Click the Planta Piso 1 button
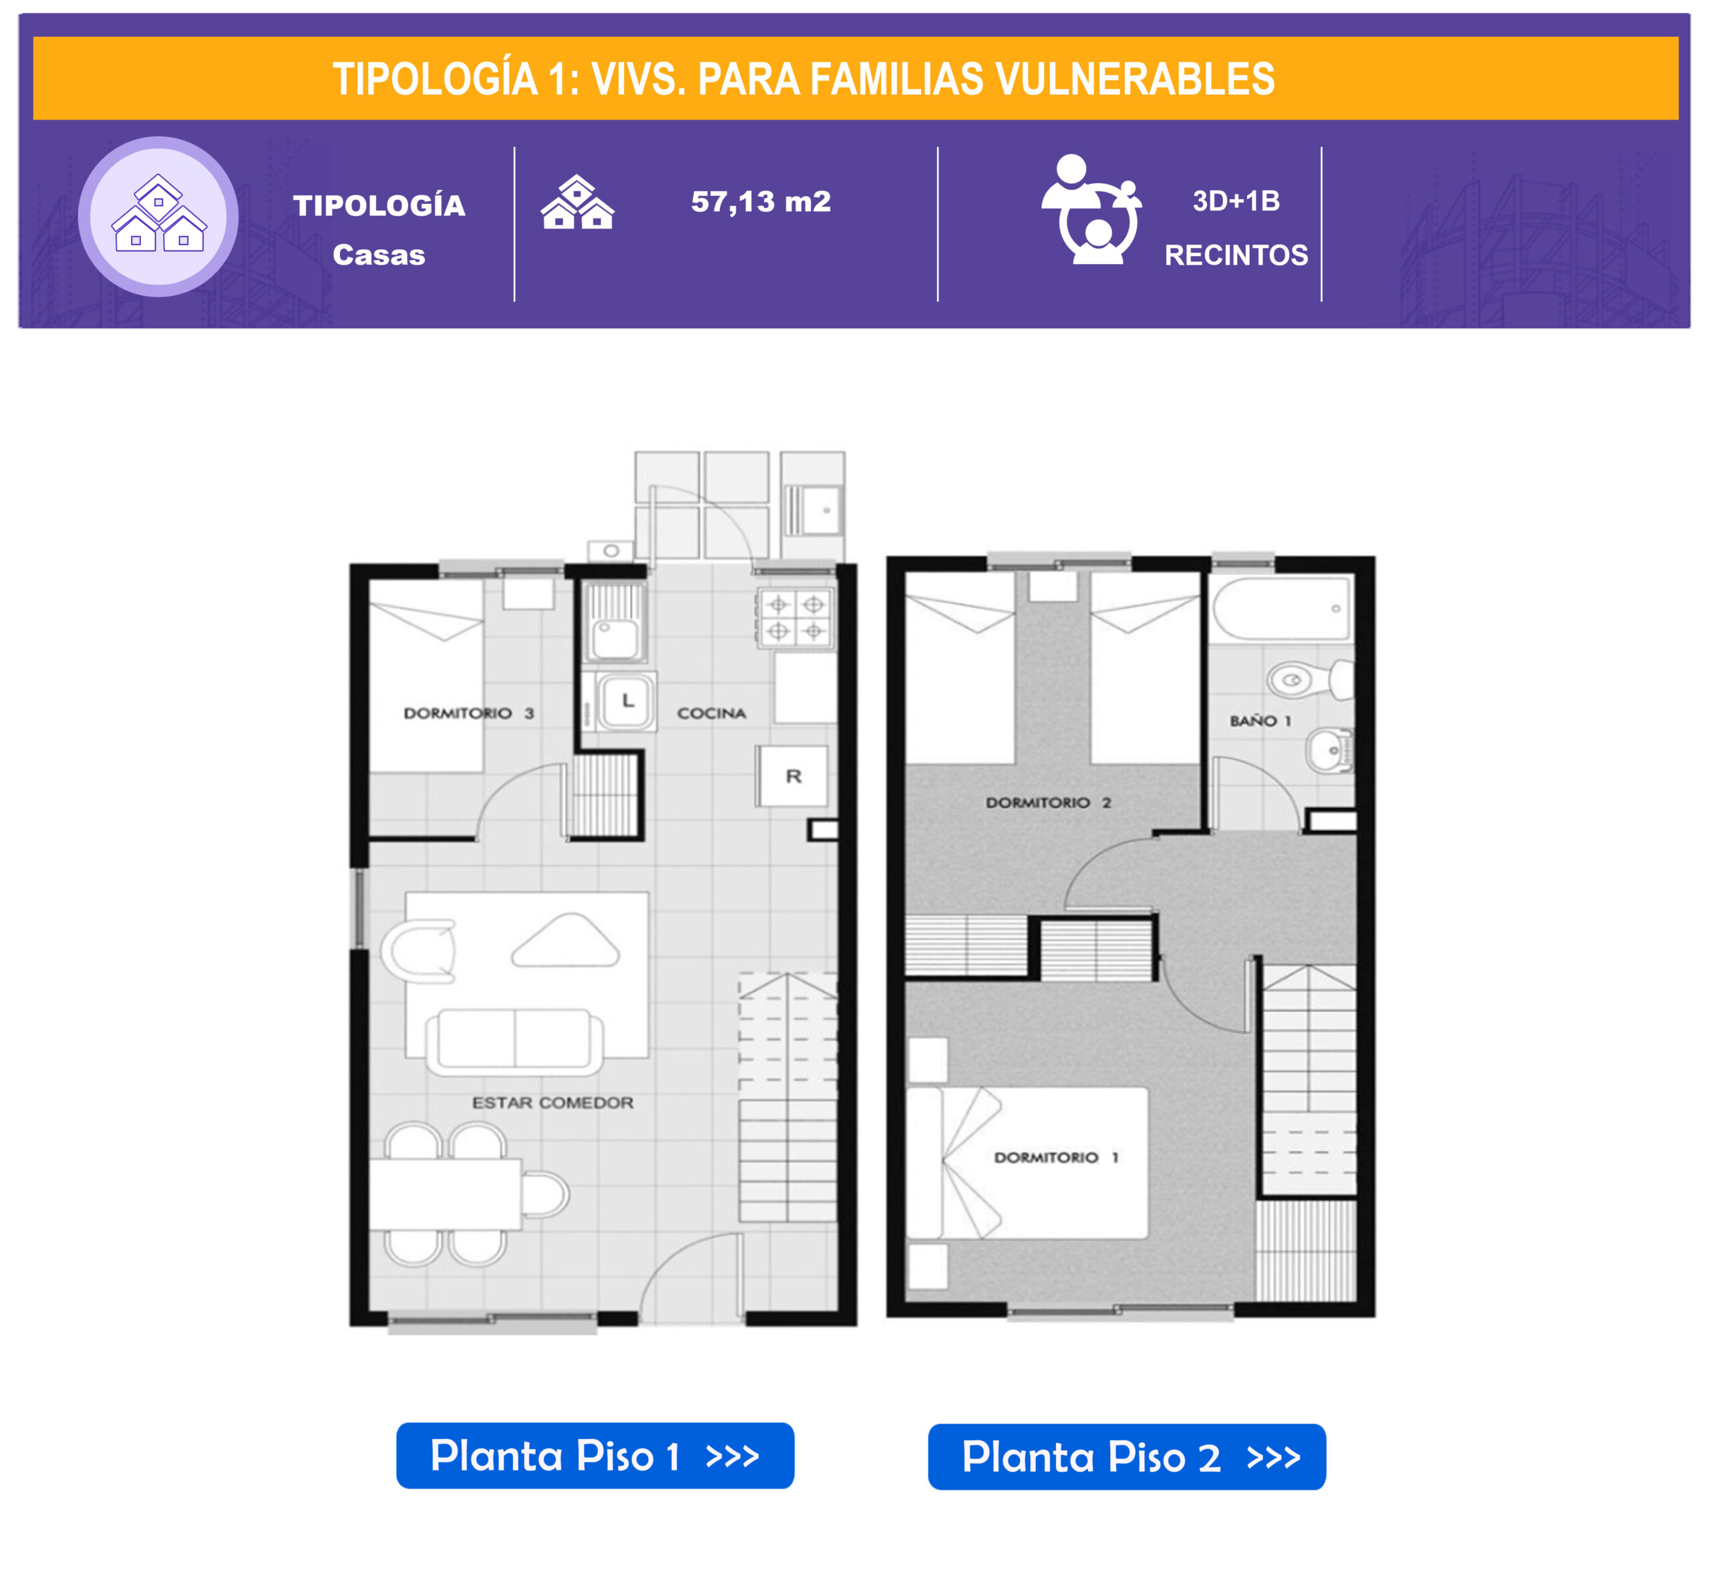click(x=594, y=1456)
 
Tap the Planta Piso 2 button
click(x=1126, y=1456)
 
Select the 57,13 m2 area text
click(x=761, y=202)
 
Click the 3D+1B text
click(x=1236, y=201)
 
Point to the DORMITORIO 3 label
click(x=469, y=712)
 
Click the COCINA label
click(x=711, y=713)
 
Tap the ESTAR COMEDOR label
click(x=552, y=1103)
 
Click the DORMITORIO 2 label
click(x=1048, y=802)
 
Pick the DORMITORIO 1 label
click(x=1055, y=1158)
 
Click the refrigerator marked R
click(x=793, y=776)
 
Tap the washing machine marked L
click(x=626, y=701)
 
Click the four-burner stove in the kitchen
click(x=796, y=618)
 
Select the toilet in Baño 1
click(x=1311, y=680)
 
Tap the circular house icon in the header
click(x=158, y=217)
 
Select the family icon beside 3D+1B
click(x=1091, y=210)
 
